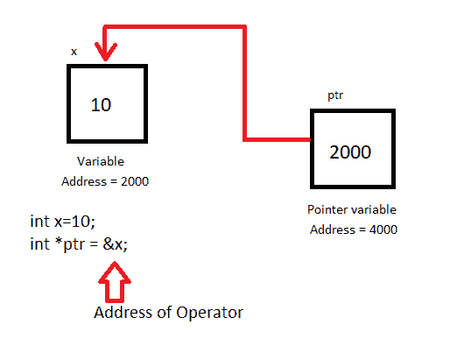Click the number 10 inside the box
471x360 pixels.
[102, 105]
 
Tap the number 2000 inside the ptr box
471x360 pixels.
[350, 151]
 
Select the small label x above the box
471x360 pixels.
[74, 52]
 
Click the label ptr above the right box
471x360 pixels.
[335, 95]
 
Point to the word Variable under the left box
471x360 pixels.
[101, 162]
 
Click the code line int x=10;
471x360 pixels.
[61, 222]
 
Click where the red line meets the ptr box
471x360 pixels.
[309, 139]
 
